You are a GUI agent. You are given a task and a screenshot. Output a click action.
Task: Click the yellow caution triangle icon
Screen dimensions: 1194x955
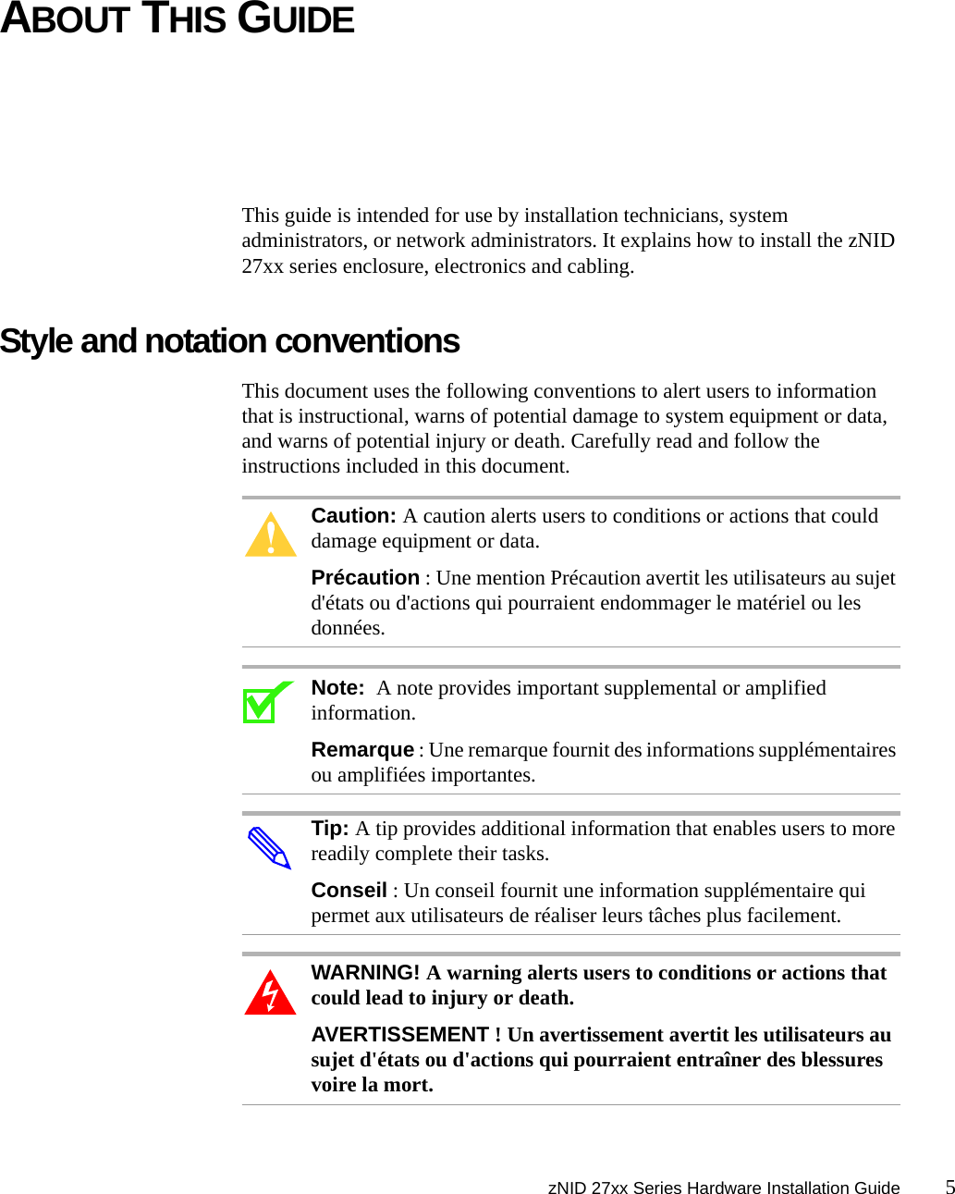pos(271,535)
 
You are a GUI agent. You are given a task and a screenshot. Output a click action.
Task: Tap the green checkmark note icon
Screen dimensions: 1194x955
pos(266,703)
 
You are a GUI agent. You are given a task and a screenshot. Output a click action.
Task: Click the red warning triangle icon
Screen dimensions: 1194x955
pos(270,993)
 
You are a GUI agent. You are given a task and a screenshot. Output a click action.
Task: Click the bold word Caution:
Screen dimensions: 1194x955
pos(353,516)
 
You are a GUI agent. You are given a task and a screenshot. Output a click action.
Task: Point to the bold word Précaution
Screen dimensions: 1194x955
pos(365,578)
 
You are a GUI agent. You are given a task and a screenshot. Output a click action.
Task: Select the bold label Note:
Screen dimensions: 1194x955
pos(337,688)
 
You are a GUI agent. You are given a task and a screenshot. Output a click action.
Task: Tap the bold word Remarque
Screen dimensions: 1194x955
pos(362,750)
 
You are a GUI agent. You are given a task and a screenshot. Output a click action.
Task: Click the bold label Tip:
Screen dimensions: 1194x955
pos(330,829)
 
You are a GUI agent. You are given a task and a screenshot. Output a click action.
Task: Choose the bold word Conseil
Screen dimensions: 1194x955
pos(349,891)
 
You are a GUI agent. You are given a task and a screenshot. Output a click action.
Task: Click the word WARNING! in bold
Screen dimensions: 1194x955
pos(365,973)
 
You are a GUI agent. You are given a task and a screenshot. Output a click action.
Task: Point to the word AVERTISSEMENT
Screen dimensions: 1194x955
pos(399,1035)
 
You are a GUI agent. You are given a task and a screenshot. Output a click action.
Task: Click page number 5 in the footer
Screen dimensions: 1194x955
pos(949,1187)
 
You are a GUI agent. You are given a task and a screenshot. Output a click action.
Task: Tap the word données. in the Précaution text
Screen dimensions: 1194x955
pos(348,628)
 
